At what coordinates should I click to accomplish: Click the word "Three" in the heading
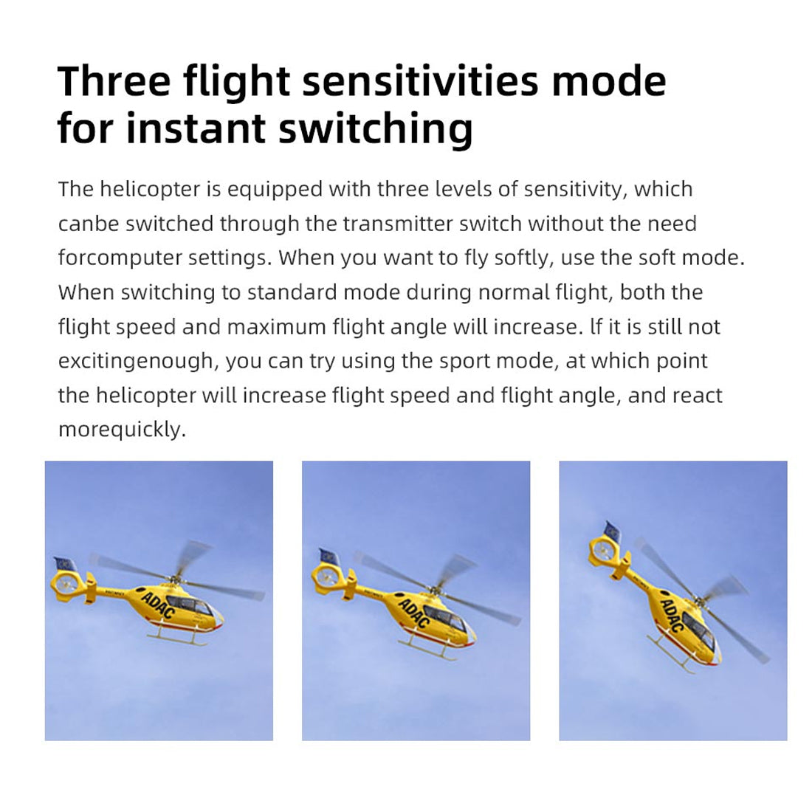(x=114, y=80)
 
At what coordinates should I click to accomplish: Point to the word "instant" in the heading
(x=196, y=128)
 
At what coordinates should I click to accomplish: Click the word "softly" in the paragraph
(x=523, y=258)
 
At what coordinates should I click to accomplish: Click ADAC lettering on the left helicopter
(x=158, y=605)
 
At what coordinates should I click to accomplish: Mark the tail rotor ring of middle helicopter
(x=326, y=576)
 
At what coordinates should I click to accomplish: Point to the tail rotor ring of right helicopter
(x=604, y=550)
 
